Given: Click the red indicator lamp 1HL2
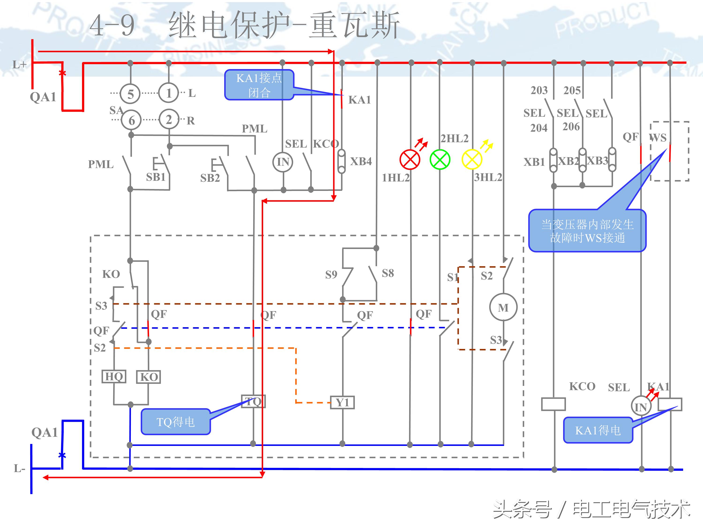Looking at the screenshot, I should click(x=410, y=160).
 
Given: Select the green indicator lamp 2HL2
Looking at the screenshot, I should click(x=440, y=160).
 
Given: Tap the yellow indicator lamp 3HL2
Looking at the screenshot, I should click(x=472, y=160).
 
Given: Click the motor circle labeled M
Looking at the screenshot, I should click(x=503, y=308).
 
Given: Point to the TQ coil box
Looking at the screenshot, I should click(x=253, y=401).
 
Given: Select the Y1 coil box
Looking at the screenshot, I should click(x=342, y=402).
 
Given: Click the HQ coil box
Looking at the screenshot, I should click(x=114, y=377).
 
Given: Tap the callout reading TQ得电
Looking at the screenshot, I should click(x=176, y=422).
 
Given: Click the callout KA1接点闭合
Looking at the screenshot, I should click(x=259, y=85).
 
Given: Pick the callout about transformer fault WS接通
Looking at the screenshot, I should click(x=587, y=231).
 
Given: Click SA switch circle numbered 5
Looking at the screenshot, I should click(x=130, y=94).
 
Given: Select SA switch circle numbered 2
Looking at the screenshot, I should click(x=169, y=119).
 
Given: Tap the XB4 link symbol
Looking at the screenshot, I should click(x=341, y=161).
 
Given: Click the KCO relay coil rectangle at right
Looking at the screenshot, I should click(x=553, y=404).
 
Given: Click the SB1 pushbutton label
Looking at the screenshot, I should click(x=156, y=177).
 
